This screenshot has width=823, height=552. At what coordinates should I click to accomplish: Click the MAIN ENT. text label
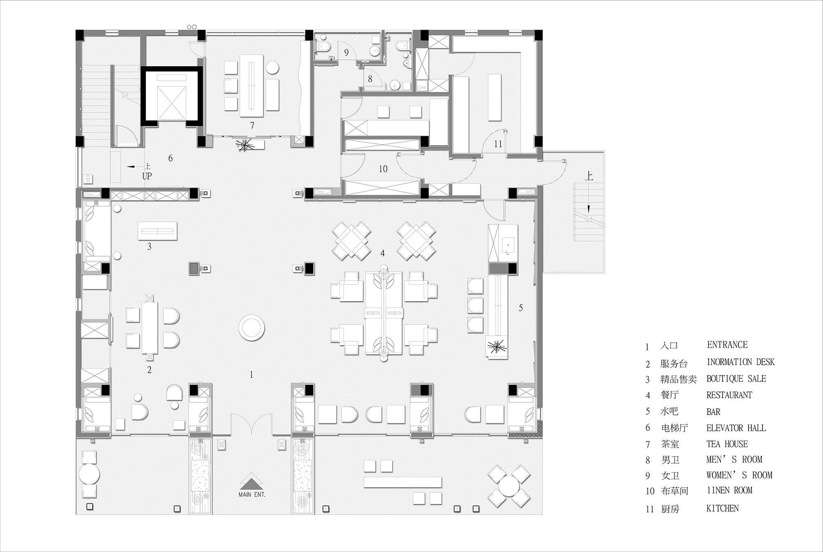(x=252, y=495)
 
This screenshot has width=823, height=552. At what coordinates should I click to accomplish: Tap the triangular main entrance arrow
(x=252, y=481)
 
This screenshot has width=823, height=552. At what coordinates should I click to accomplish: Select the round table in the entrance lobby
(x=251, y=328)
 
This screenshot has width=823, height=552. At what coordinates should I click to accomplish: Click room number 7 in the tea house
(x=252, y=125)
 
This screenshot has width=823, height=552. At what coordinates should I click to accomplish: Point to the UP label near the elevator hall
(x=147, y=176)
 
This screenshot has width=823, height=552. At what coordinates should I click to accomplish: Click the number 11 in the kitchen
(x=498, y=144)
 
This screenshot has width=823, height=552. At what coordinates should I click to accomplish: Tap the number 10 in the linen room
(x=383, y=169)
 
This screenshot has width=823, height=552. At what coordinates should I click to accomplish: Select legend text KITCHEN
(x=722, y=508)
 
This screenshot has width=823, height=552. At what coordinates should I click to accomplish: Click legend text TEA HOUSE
(x=727, y=444)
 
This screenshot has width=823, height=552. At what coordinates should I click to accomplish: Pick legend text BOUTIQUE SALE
(x=736, y=379)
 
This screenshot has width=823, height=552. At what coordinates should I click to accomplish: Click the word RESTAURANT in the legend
(x=729, y=395)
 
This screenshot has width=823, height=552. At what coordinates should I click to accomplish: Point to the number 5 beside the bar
(x=521, y=308)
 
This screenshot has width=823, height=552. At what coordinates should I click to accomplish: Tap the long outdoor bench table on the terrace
(x=402, y=482)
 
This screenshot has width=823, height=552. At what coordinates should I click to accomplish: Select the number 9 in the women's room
(x=346, y=53)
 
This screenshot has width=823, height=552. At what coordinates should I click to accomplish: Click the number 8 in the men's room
(x=370, y=79)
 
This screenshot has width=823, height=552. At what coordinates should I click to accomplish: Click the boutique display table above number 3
(x=158, y=231)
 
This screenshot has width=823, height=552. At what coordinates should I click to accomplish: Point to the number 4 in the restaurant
(x=383, y=253)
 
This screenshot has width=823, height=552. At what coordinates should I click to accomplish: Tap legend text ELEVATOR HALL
(x=736, y=428)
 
